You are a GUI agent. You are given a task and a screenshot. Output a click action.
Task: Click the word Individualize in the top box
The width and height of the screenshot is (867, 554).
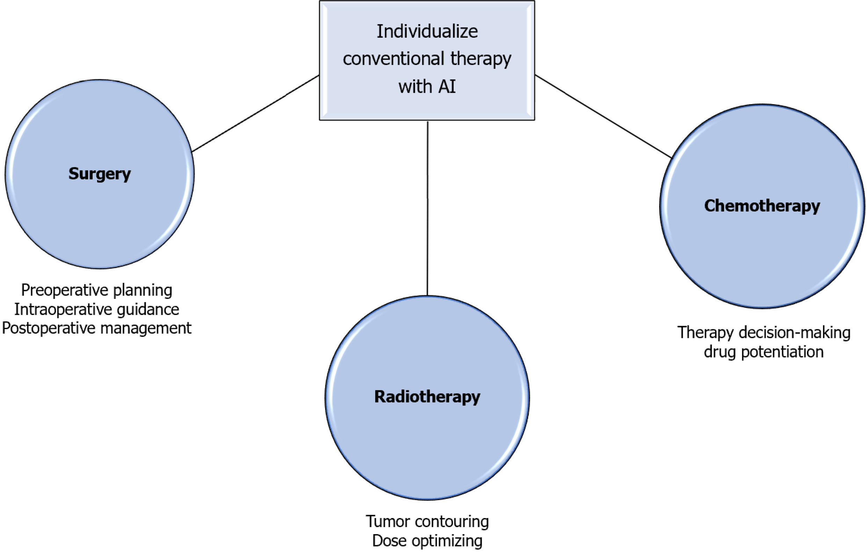[427, 31]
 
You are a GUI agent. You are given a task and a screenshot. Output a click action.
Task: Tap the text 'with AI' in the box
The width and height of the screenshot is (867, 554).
[427, 86]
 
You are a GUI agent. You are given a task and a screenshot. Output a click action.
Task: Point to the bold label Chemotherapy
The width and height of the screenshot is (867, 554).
[762, 206]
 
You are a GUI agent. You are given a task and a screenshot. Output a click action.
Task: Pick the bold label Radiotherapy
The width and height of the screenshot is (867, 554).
[427, 397]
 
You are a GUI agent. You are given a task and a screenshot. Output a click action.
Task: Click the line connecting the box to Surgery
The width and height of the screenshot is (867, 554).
[256, 114]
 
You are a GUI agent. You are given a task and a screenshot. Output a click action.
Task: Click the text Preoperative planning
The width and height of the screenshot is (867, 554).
[96, 290]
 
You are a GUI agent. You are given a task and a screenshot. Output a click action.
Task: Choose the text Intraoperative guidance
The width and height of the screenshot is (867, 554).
[96, 309]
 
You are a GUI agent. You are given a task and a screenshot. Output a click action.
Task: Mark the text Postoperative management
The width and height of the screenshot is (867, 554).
[96, 328]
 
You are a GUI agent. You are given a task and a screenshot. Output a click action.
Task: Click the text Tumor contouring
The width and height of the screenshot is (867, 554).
[427, 521]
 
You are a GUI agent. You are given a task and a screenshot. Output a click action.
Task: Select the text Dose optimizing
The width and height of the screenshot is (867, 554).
[427, 541]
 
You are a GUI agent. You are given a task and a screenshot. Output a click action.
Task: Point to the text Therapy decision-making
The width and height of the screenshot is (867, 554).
[764, 332]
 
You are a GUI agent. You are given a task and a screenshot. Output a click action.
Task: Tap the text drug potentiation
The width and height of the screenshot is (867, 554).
[764, 352]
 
